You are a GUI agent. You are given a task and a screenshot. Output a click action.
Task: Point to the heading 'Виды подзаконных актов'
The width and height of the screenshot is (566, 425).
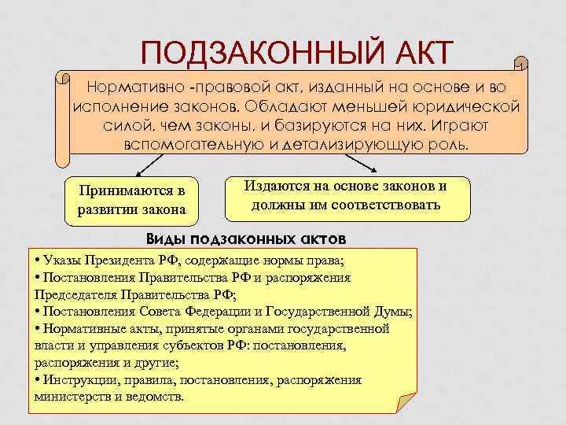coord(246,238)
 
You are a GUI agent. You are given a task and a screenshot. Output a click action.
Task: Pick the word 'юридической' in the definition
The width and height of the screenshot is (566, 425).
coord(467,104)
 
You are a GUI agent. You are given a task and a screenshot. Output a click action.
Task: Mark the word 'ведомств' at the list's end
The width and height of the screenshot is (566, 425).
coord(153,397)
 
